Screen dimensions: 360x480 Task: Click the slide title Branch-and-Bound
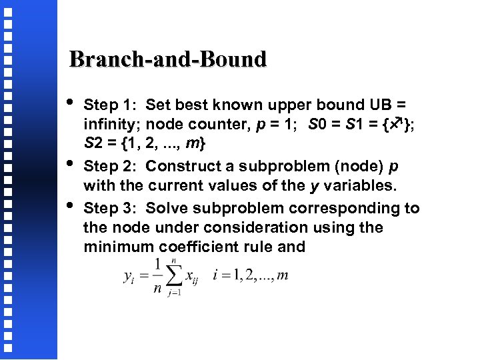[x=168, y=59]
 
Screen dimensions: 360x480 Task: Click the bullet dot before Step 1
[x=71, y=103]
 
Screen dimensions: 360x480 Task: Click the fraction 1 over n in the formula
[x=157, y=276]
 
